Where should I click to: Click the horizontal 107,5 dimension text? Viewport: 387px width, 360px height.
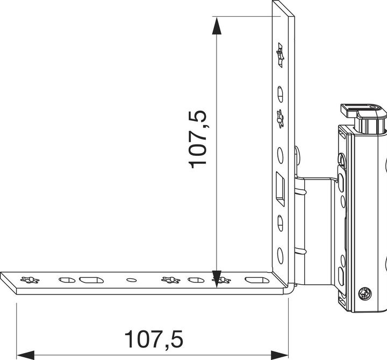[x=154, y=340]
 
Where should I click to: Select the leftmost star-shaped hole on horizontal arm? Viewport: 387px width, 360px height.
[x=30, y=279]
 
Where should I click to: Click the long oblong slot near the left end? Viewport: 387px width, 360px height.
[x=89, y=279]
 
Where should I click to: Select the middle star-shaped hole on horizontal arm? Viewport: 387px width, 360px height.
[x=170, y=279]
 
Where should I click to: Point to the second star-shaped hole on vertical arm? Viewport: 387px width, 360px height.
[x=279, y=119]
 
